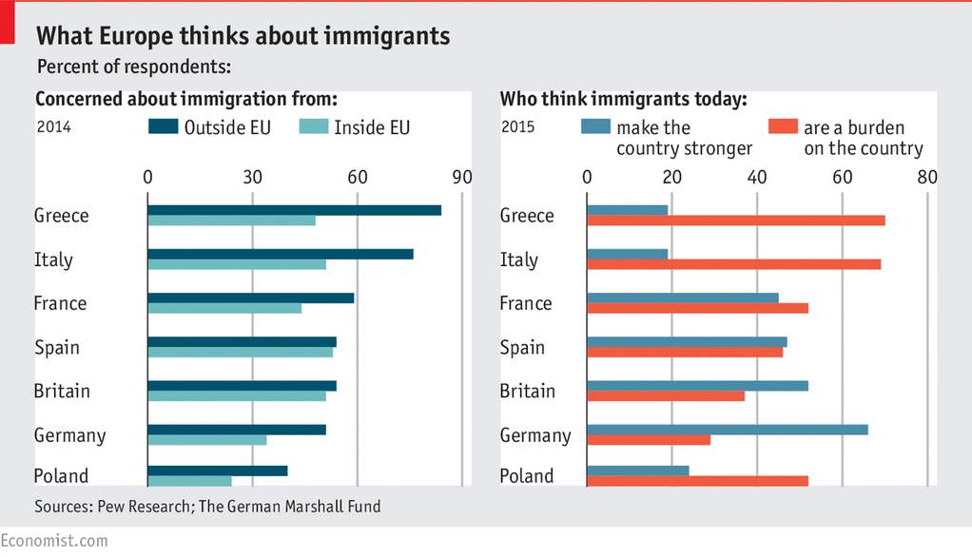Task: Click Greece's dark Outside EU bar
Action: (x=294, y=210)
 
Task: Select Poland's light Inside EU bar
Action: (x=189, y=481)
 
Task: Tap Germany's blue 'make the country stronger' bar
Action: (x=727, y=430)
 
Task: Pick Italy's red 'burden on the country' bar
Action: (x=733, y=263)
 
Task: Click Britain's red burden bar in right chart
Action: (x=666, y=395)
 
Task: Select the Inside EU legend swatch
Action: (x=313, y=126)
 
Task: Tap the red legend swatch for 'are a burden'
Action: (x=782, y=126)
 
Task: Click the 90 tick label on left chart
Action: (x=461, y=178)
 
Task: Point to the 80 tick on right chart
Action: (x=927, y=178)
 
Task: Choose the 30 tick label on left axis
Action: (x=252, y=178)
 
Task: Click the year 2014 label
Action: (x=53, y=126)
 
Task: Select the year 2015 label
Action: (x=518, y=126)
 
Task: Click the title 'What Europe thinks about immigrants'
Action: (x=243, y=36)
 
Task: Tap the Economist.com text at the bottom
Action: (x=54, y=540)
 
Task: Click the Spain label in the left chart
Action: (x=57, y=347)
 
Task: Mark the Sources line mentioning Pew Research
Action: (x=207, y=507)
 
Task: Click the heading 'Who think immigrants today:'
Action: (x=623, y=99)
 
